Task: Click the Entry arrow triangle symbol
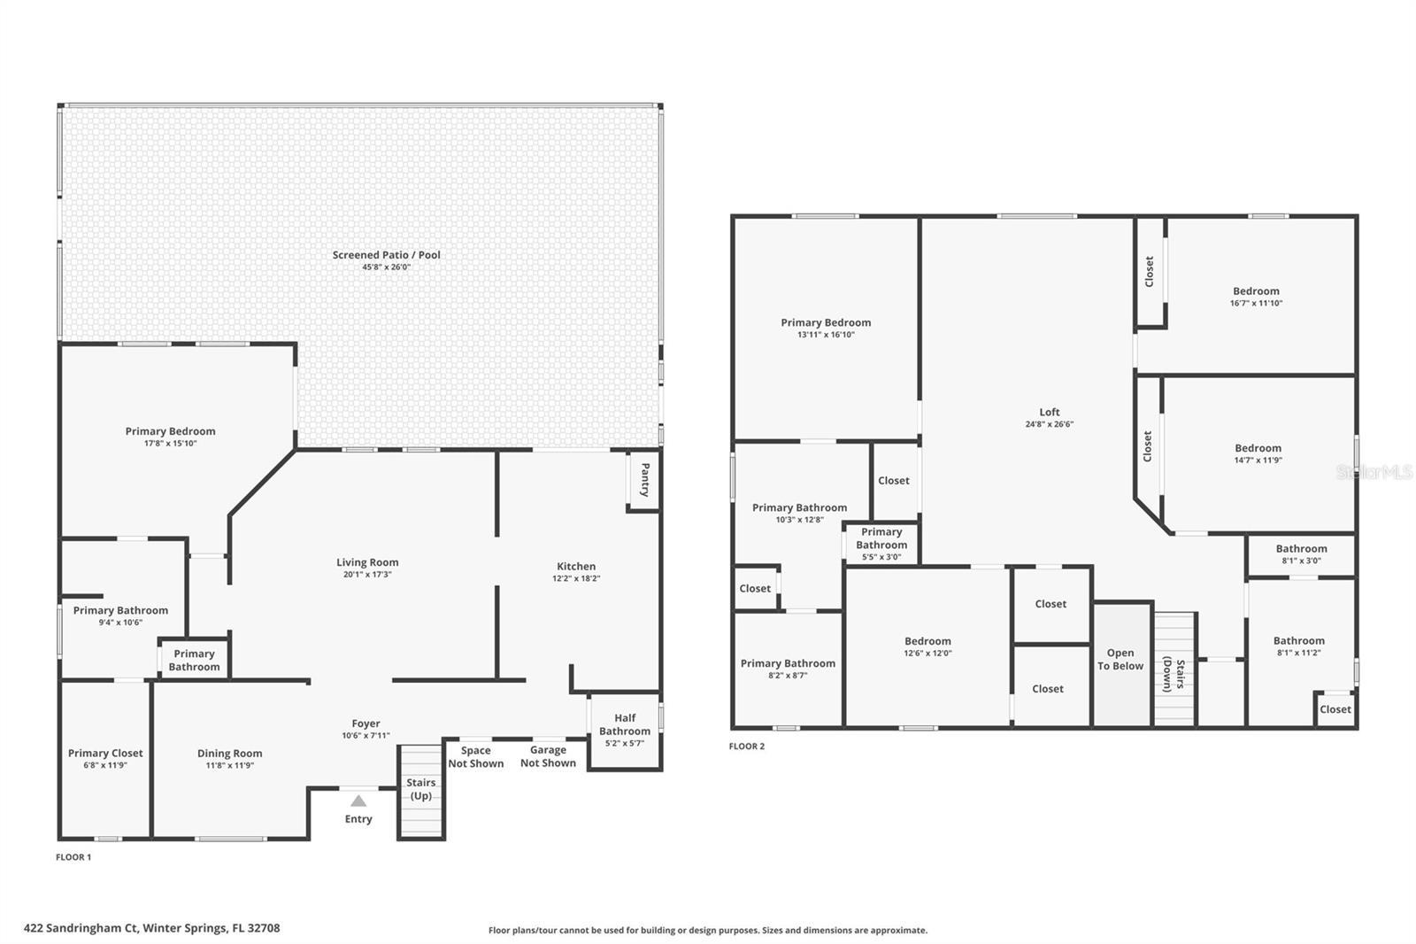pos(358,801)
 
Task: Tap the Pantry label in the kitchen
pos(644,479)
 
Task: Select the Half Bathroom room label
pos(625,724)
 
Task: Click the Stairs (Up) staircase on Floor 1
pos(420,791)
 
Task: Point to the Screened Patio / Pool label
pos(386,255)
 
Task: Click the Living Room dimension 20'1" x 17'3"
pos(367,575)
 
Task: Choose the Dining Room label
pos(229,754)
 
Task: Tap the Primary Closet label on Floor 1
pos(105,754)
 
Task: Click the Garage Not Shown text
pos(548,756)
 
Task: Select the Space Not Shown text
pos(475,757)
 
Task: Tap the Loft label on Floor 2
pos(1050,412)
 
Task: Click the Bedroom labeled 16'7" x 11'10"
pos(1256,297)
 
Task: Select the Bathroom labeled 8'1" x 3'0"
pos(1301,554)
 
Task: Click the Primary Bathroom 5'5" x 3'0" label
pos(881,544)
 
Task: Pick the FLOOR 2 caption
pos(747,747)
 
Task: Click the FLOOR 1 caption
pos(73,857)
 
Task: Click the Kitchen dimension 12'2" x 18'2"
pos(576,579)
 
